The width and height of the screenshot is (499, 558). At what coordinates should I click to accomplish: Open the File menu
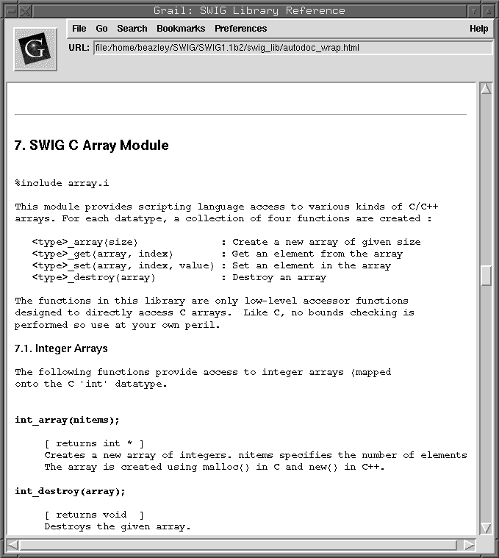coord(79,29)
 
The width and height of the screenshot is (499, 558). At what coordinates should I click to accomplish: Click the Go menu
coord(101,29)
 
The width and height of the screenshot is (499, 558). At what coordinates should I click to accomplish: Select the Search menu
coord(132,29)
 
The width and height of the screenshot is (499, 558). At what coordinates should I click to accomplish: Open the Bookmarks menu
coord(180,29)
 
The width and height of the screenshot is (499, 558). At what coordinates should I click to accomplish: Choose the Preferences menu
coord(240,29)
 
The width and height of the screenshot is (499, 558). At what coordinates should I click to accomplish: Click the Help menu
coord(478,29)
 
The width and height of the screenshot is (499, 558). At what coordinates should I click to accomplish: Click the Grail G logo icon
coord(35,49)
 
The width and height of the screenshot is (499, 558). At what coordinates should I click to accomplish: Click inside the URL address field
coord(292,48)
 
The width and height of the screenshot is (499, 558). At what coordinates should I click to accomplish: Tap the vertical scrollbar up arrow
coord(485,89)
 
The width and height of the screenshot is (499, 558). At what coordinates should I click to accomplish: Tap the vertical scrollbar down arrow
coord(485,527)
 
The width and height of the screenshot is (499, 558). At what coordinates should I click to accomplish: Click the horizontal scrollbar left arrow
coord(13,545)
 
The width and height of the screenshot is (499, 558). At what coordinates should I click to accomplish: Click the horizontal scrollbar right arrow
coord(470,545)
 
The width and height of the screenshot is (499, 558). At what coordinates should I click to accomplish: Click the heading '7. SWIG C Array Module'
coord(92,146)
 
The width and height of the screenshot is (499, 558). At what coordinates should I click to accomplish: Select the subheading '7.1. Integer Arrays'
coord(61,348)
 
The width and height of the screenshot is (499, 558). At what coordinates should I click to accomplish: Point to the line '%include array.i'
coord(62,183)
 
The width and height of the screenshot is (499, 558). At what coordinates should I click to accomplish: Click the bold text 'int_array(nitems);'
coord(67,420)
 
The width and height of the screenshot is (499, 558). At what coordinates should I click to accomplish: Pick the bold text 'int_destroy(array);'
coord(70,491)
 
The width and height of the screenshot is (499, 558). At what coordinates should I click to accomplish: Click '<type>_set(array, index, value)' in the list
coord(123,265)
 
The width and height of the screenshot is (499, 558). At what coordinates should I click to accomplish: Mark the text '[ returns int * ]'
coord(94,443)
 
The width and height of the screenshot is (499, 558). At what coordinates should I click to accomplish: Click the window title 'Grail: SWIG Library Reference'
coord(250,10)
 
